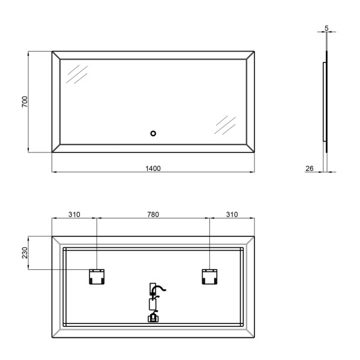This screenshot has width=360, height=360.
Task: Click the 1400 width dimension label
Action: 153,169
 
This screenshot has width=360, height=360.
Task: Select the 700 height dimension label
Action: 25,102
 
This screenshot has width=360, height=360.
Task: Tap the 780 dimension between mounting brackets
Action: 153,214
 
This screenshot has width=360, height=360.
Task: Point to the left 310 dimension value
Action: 74,214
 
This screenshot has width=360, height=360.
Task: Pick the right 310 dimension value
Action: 232,214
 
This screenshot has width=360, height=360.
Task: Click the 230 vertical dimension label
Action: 25,253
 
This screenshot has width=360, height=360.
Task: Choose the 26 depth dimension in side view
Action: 310,169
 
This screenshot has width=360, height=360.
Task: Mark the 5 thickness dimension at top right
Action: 327,28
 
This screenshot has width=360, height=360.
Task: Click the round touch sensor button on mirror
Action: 153,133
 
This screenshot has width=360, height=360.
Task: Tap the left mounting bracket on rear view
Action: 97,277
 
